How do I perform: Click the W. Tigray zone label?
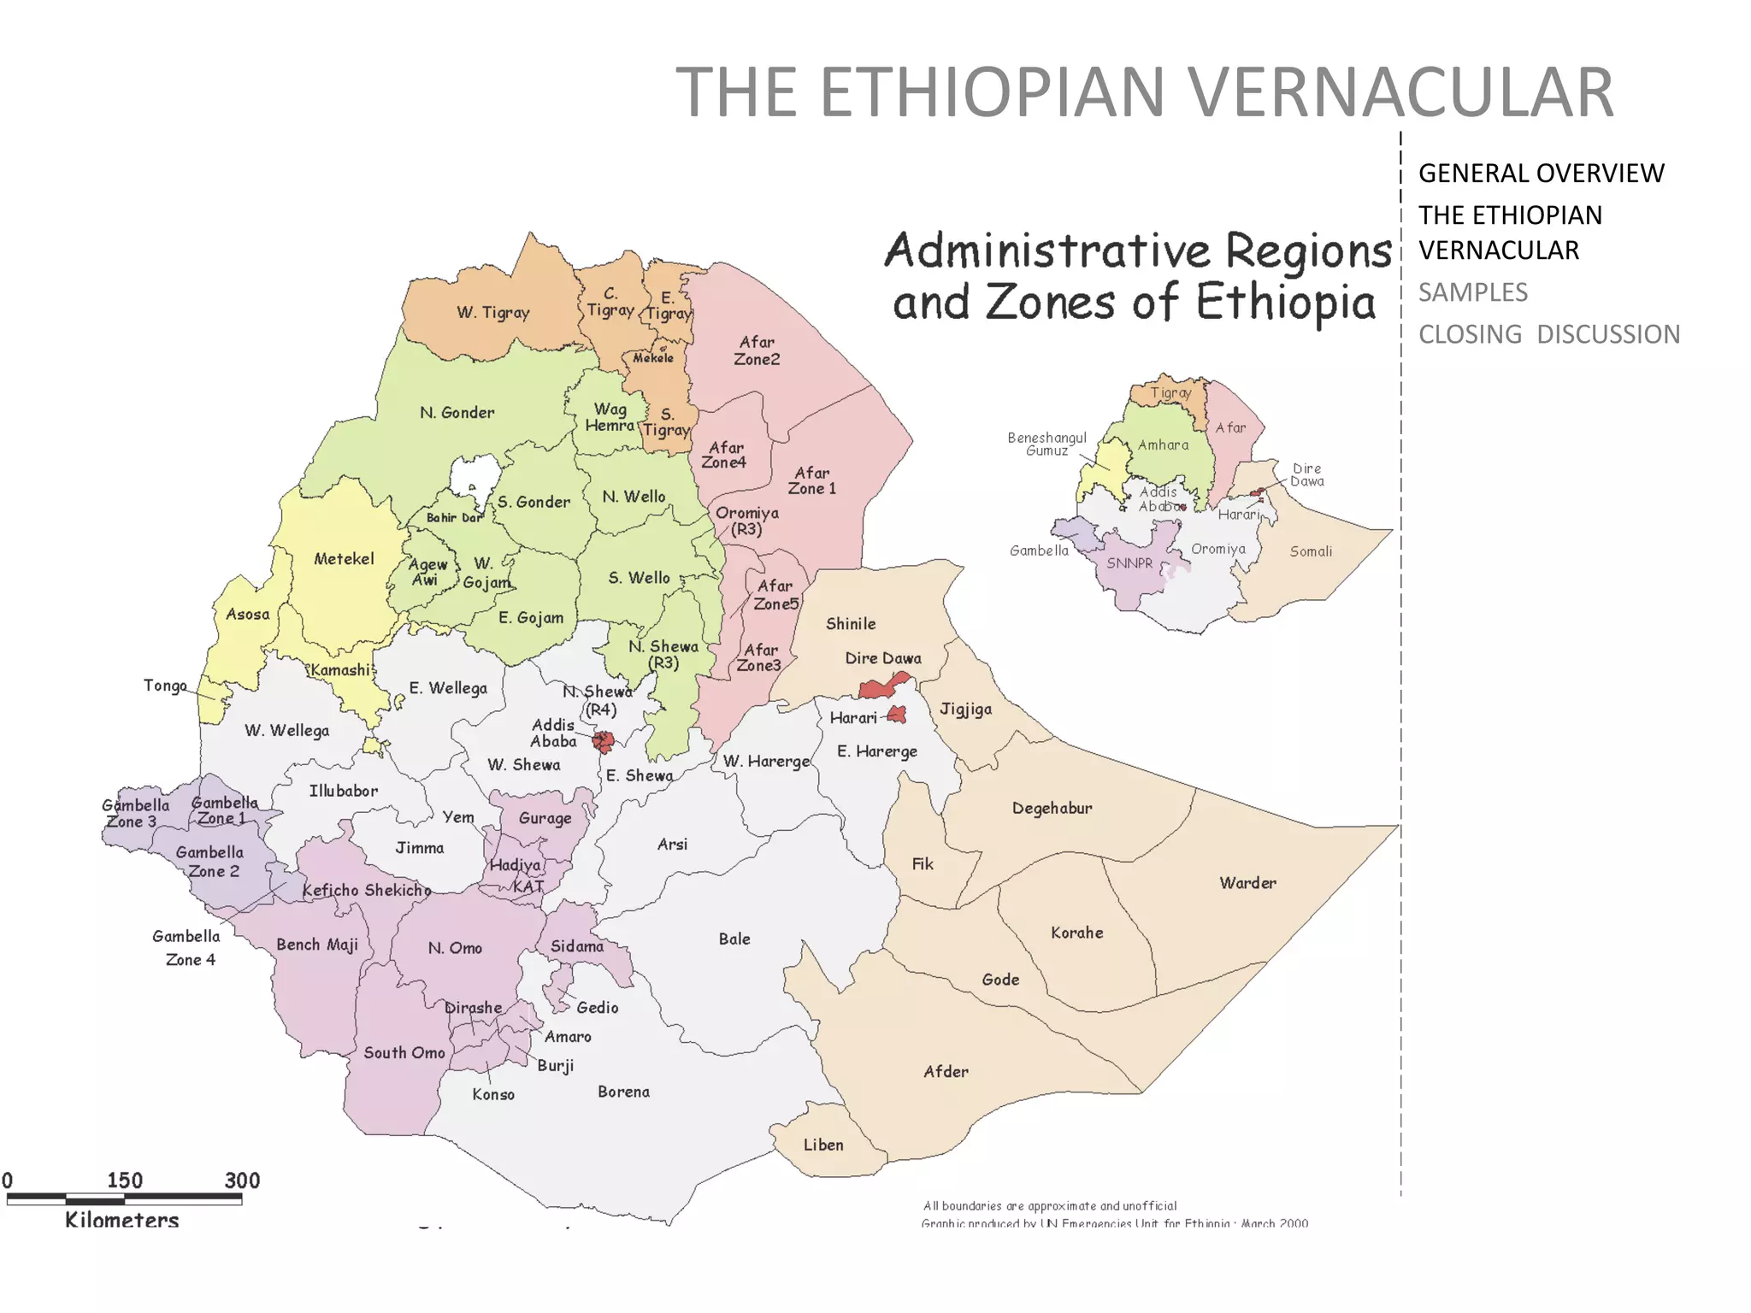point(492,312)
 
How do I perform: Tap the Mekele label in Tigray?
point(653,358)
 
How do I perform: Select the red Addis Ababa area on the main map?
point(604,741)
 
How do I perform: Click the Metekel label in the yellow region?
point(344,559)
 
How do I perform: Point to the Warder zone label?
point(1247,882)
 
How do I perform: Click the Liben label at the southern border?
point(823,1145)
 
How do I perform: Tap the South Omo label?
point(404,1052)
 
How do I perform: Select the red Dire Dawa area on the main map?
point(881,686)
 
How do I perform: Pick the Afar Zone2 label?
point(757,350)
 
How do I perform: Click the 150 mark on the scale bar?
point(125,1181)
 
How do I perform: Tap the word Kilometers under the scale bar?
point(122,1220)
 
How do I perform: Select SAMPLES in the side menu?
point(1472,292)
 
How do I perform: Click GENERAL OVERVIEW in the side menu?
point(1541,174)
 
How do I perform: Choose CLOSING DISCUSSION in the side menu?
point(1548,334)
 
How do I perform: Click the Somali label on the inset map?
point(1311,551)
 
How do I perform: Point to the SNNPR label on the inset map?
point(1129,563)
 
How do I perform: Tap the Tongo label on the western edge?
point(165,686)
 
